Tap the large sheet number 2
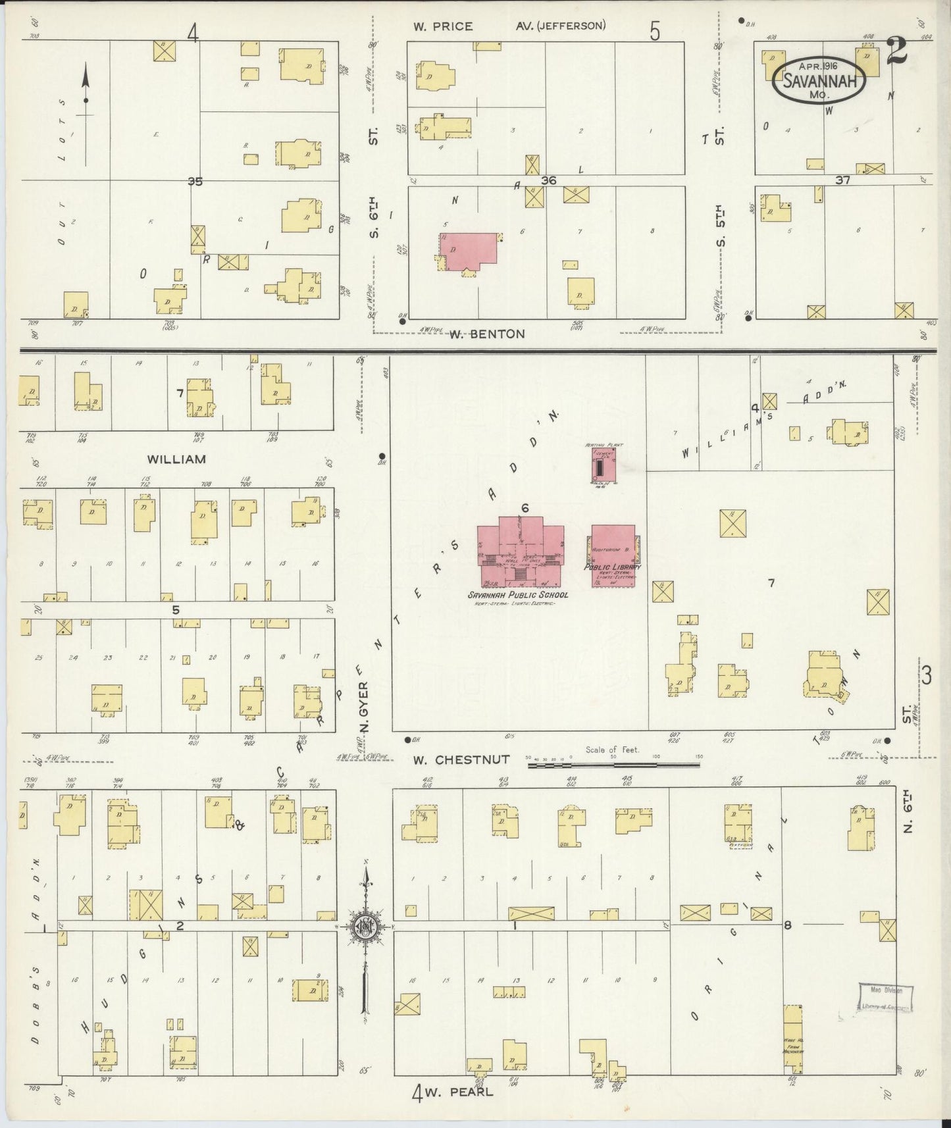[897, 51]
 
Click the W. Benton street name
[487, 334]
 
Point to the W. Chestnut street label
[461, 759]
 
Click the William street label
[176, 459]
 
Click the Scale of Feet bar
[613, 764]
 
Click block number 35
[195, 182]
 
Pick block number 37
[842, 180]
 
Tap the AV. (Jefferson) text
[561, 26]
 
